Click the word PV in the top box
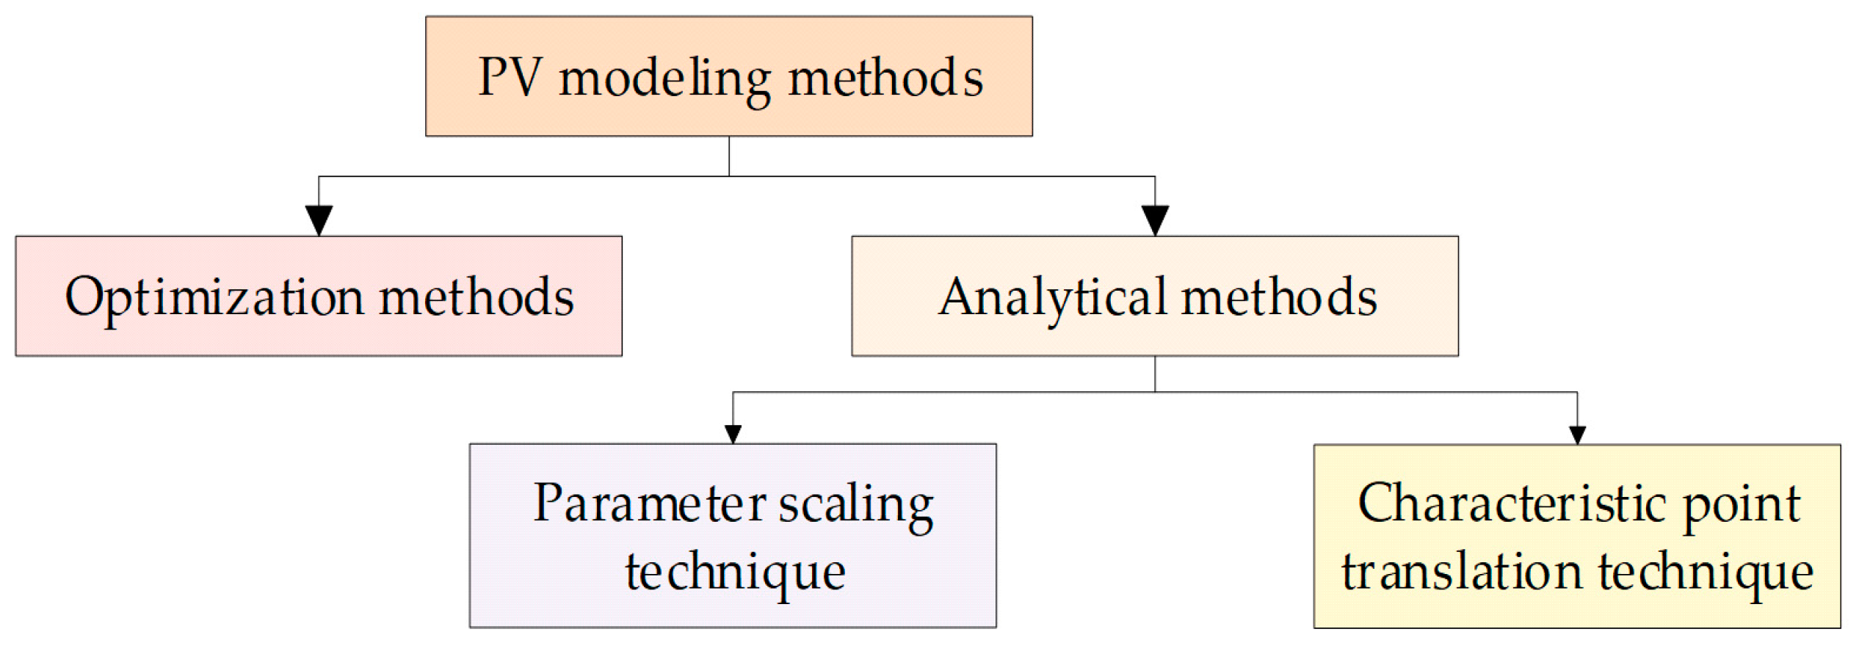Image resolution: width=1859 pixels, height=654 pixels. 510,78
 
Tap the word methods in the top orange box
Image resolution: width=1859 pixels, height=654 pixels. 885,78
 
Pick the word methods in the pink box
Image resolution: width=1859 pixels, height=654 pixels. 476,297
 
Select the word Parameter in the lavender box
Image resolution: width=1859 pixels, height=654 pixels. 650,504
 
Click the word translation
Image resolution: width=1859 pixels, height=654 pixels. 1461,572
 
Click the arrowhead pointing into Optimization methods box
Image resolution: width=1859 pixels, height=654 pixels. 319,220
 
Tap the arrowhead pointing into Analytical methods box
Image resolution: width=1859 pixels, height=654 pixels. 1155,220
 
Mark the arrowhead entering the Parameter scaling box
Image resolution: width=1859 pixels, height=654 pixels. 733,434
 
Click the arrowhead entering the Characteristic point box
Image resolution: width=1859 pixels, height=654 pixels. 1577,435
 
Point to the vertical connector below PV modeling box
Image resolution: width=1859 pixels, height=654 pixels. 729,156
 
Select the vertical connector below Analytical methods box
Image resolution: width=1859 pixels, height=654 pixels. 1155,374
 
